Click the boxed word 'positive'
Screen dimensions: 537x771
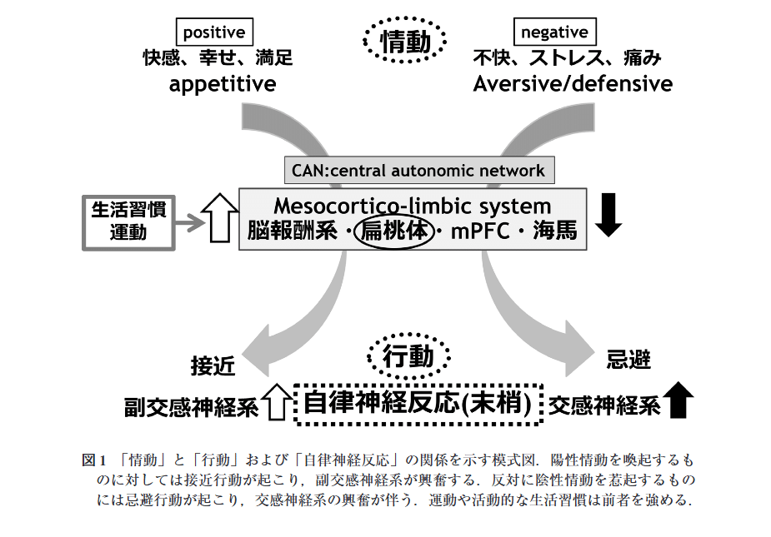214,33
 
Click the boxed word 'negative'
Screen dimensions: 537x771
553,33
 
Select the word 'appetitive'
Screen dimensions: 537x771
223,83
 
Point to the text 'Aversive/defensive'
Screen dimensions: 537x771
573,83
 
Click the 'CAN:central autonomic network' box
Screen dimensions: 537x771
418,172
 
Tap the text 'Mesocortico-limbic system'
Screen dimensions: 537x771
413,206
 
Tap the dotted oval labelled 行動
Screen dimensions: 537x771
408,357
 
